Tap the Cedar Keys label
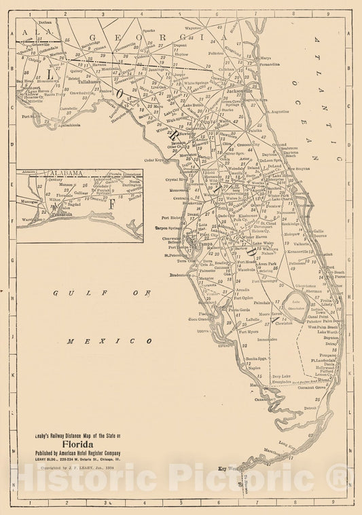(157, 160)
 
